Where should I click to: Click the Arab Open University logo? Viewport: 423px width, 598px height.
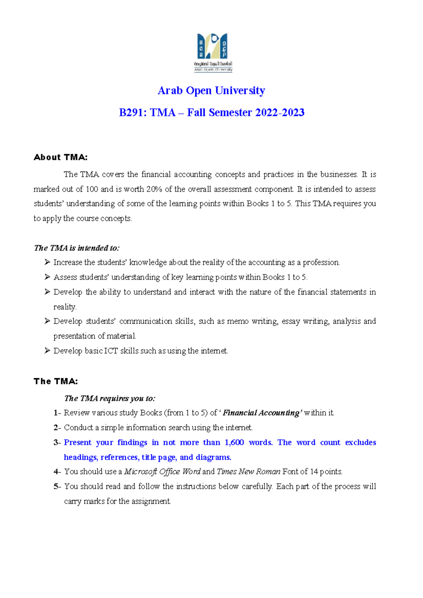click(213, 52)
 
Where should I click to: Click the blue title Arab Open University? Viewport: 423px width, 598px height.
click(211, 91)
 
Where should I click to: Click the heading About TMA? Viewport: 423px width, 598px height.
click(60, 157)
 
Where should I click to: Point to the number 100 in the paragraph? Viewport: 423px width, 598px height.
click(92, 189)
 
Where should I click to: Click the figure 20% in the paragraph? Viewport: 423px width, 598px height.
click(154, 189)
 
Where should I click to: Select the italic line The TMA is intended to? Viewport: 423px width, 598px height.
click(76, 248)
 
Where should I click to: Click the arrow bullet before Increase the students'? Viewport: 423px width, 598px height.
click(47, 262)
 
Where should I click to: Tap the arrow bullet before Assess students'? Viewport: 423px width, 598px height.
click(47, 277)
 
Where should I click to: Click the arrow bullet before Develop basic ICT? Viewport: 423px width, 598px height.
click(47, 350)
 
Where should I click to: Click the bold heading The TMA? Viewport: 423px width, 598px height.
click(56, 381)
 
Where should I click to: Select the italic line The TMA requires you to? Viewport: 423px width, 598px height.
click(110, 398)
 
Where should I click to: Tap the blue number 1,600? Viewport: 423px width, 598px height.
click(234, 442)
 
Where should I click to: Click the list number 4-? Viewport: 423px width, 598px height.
click(57, 472)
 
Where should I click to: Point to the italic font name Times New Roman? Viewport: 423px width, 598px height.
click(249, 472)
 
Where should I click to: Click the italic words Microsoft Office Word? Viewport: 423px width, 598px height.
click(162, 472)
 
